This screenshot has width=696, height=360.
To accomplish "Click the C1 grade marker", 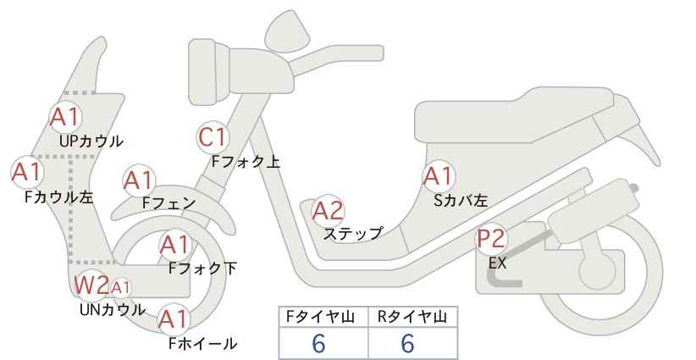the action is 213,137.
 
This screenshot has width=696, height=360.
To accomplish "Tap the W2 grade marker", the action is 91,285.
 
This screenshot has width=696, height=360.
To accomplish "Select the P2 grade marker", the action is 491,239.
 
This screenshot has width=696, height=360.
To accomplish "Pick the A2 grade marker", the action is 328,211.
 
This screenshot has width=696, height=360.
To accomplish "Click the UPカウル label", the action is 91,141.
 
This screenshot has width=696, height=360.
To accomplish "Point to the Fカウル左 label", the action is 59,197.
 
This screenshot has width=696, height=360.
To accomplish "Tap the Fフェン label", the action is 168,202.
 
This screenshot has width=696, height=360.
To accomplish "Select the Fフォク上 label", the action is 246,161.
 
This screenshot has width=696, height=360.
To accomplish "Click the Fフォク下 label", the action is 203,269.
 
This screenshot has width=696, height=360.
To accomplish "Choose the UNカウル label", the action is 113,309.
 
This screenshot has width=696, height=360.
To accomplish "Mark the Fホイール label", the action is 203,343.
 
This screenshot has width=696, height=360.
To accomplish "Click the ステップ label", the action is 353,233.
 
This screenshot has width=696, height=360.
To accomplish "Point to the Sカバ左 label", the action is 461,201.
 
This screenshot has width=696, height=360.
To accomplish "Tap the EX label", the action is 497,263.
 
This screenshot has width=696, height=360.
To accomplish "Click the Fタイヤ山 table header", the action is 320,317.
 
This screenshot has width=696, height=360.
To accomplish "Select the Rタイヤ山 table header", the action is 412,317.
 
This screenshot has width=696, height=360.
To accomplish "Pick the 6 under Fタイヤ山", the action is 318,343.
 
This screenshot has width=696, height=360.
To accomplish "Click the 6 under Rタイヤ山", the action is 407,343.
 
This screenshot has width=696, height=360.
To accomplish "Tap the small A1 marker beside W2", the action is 120,288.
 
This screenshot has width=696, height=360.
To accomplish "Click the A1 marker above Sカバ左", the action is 438,176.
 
